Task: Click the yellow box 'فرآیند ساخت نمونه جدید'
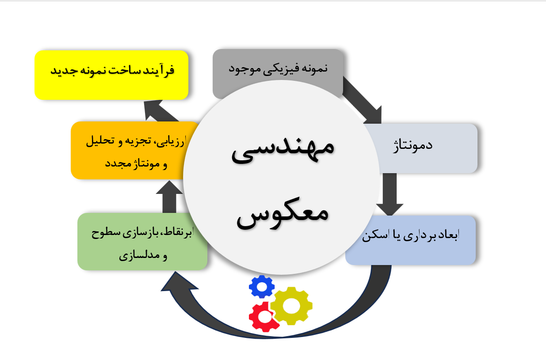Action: [x=111, y=75]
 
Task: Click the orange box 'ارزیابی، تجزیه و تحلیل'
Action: [x=128, y=150]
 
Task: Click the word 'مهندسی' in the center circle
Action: [x=283, y=150]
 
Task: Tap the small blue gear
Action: [x=262, y=287]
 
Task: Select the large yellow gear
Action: [x=291, y=306]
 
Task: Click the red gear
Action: [x=263, y=317]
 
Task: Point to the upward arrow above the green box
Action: [x=169, y=197]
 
